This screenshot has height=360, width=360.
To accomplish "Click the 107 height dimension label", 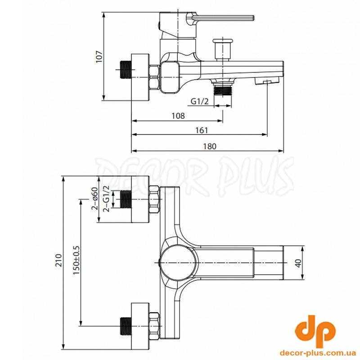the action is coord(99,57).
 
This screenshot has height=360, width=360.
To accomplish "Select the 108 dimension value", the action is coord(178,116).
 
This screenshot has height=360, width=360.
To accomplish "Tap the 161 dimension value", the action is coord(202,130).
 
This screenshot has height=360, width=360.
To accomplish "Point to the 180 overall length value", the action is coord(210,146).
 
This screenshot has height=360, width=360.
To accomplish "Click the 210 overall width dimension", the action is coord(59,260).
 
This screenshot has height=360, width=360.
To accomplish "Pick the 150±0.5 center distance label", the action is coord(76,260).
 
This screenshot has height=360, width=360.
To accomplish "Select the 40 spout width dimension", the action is coord(298,263).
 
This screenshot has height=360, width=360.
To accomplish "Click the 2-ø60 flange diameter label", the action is coord(94,198).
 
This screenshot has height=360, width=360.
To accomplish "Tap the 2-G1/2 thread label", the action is coord(107,199).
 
